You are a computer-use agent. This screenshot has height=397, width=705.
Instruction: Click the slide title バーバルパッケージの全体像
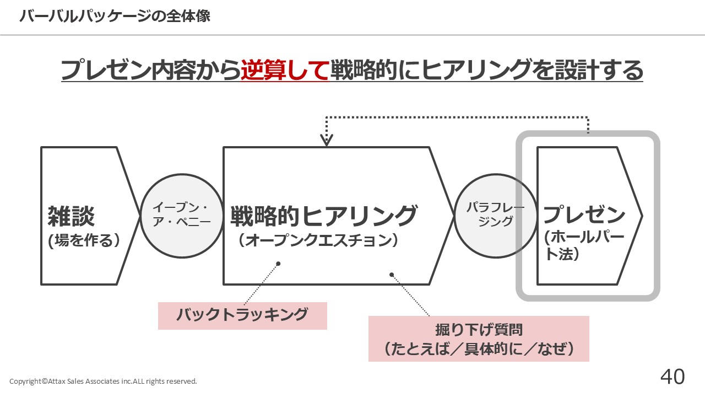pos(115,17)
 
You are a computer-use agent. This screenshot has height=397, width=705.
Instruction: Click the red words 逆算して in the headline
pos(284,71)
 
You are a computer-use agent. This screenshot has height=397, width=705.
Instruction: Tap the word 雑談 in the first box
pos(72,216)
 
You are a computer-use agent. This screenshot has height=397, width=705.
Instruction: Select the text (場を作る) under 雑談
pos(84,241)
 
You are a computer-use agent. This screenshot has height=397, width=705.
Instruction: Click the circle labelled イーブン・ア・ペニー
pos(181,216)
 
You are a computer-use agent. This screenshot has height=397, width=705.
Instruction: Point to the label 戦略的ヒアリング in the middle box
pos(324,216)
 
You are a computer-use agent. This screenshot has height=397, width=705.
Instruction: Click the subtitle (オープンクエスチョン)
pos(318,241)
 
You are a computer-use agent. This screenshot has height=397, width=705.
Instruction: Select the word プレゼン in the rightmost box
pos(584,214)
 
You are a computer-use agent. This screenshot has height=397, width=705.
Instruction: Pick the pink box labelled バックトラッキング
pos(242,315)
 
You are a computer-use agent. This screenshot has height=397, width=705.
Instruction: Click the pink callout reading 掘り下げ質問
pos(479,330)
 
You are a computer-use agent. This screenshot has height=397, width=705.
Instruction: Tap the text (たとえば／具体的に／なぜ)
pos(479,349)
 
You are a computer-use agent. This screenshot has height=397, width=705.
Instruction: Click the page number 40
pos(673,377)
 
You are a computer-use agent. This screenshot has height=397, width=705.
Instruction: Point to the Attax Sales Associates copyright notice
pos(103,381)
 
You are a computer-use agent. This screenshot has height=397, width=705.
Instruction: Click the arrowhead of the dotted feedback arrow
pos(327,141)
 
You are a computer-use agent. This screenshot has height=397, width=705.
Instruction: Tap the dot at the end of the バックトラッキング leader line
pos(278,264)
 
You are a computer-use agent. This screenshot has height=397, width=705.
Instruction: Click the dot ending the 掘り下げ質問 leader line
pos(392,274)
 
